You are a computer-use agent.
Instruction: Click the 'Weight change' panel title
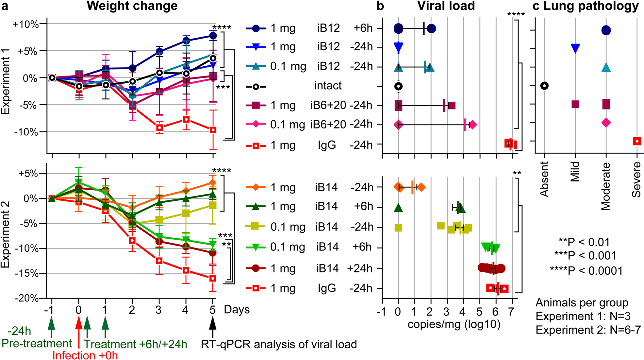pyautogui.click(x=132, y=6)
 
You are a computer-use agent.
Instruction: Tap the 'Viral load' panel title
pyautogui.click(x=446, y=6)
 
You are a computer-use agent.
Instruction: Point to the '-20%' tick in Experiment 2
pyautogui.click(x=26, y=298)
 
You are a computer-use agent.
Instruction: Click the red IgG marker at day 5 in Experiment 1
pyautogui.click(x=213, y=130)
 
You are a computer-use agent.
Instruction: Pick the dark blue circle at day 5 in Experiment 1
pyautogui.click(x=213, y=35)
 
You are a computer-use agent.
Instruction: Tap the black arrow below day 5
pyautogui.click(x=213, y=327)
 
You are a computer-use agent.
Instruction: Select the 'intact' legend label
pyautogui.click(x=328, y=86)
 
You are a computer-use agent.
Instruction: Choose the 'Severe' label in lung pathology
pyautogui.click(x=636, y=180)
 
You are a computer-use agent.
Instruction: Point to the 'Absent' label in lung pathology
pyautogui.click(x=544, y=179)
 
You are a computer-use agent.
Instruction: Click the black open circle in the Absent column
pyautogui.click(x=544, y=86)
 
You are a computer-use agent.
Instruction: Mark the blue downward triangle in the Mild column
pyautogui.click(x=575, y=48)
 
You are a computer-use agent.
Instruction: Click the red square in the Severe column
pyautogui.click(x=637, y=141)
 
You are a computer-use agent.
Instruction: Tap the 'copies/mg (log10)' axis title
pyautogui.click(x=454, y=324)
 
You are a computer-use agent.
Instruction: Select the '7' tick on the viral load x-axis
pyautogui.click(x=511, y=312)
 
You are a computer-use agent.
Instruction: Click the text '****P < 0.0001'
pyautogui.click(x=586, y=271)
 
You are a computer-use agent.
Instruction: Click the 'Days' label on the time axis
pyautogui.click(x=237, y=310)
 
